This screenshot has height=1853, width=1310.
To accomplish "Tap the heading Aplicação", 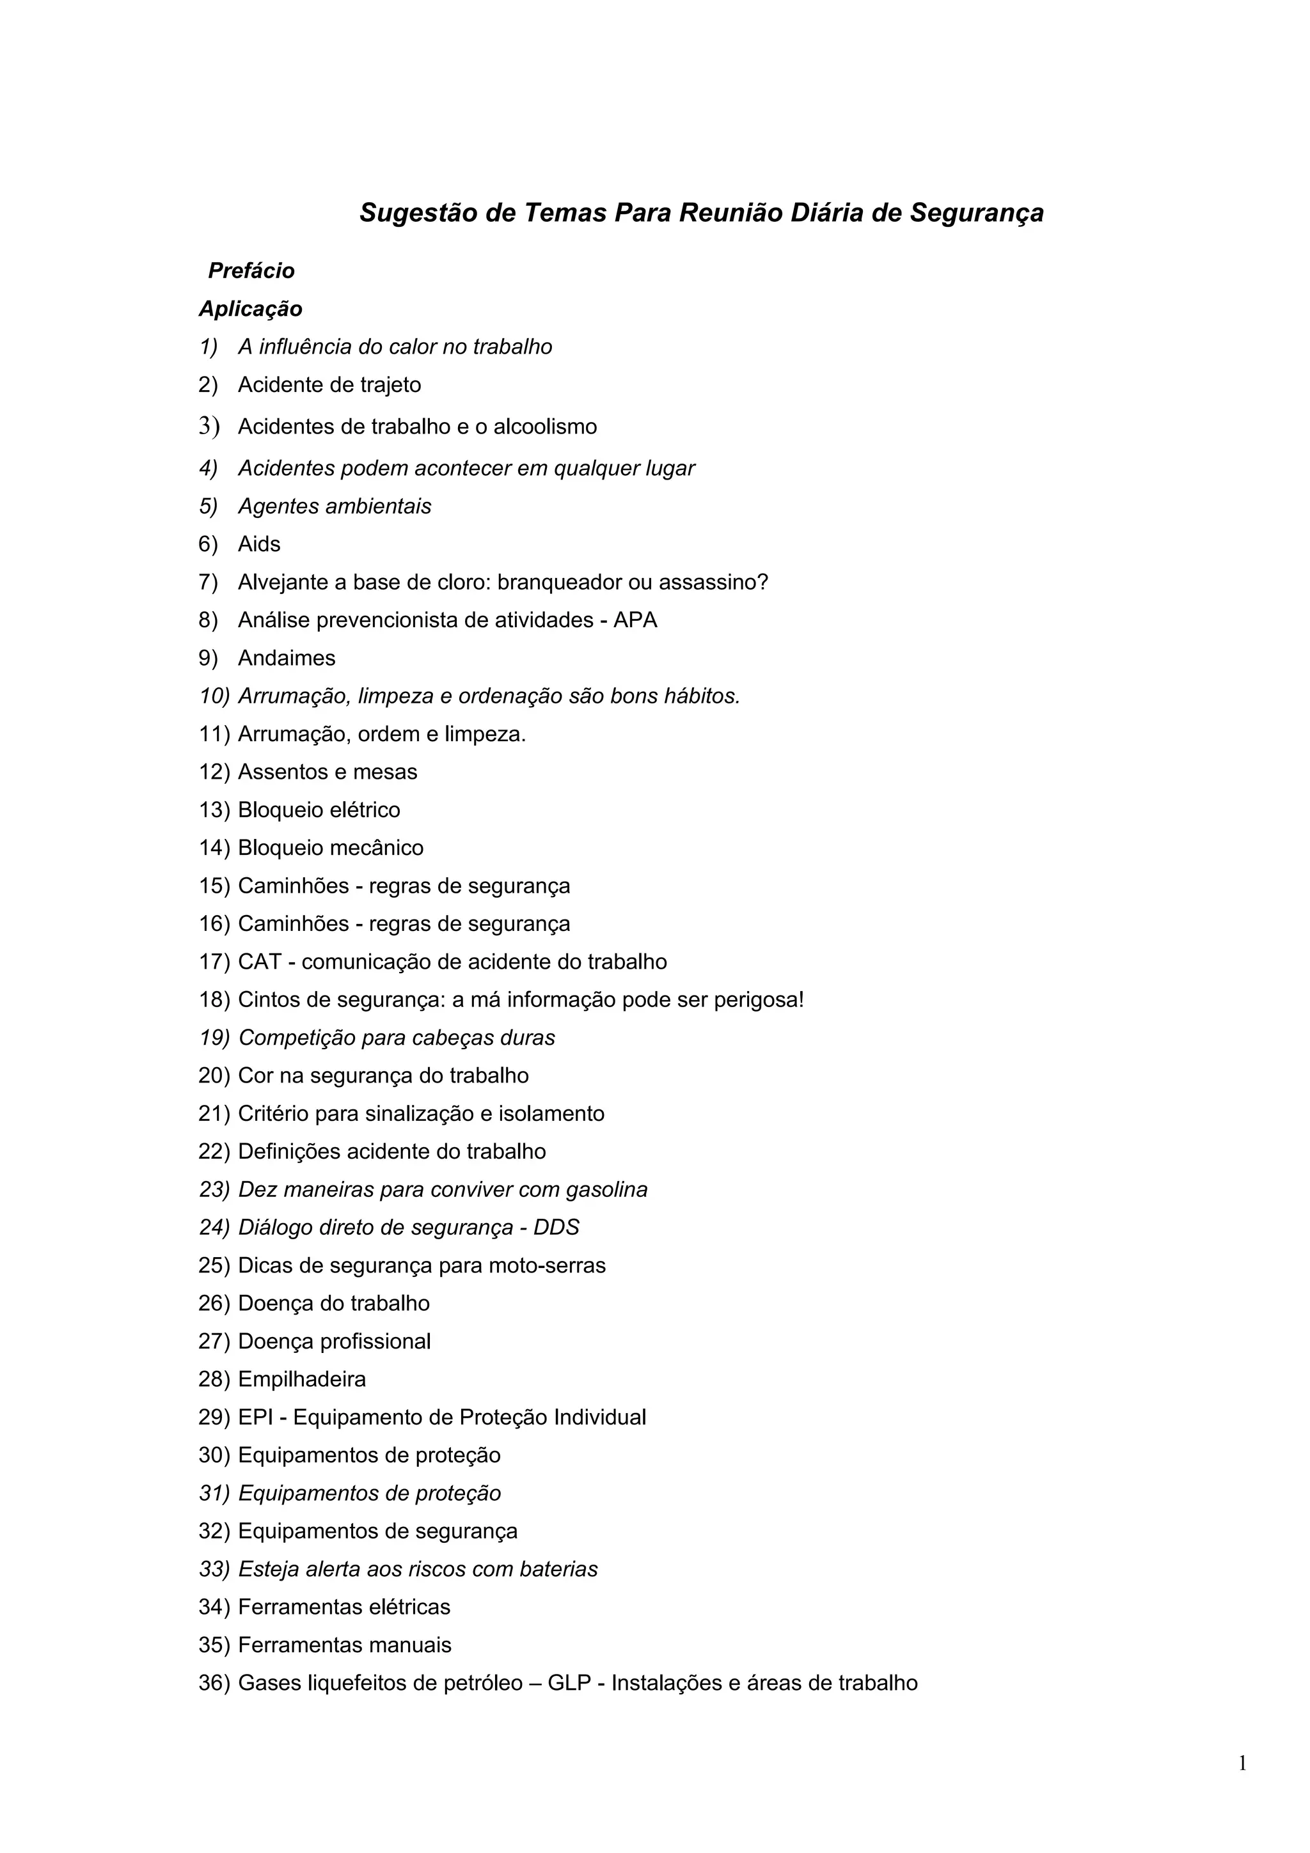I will click(250, 309).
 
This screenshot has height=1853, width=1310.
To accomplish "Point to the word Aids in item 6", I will click(259, 545).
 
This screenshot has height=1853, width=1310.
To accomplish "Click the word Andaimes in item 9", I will click(287, 659).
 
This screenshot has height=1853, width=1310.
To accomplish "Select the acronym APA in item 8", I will click(635, 621).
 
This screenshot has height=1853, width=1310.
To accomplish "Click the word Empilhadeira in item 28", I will click(302, 1380).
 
